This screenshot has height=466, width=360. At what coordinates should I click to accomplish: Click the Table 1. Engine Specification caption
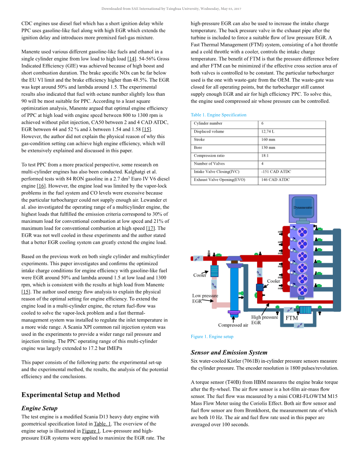219,115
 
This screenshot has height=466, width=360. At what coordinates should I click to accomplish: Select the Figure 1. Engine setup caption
212,337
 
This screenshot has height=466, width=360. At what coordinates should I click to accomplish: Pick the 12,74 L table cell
268,132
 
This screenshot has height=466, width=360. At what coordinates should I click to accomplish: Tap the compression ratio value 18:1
265,156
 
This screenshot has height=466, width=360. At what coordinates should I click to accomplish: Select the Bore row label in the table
198,148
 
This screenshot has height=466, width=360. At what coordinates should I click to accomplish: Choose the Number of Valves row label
209,164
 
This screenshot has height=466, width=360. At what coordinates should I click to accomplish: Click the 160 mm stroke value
268,140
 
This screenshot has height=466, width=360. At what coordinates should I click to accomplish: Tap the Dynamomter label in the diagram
303,208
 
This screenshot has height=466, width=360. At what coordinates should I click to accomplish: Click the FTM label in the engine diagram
292,318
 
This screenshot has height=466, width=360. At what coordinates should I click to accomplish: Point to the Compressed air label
233,325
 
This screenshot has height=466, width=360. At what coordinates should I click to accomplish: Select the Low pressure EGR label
205,298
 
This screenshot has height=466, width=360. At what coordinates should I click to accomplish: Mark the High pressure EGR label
264,320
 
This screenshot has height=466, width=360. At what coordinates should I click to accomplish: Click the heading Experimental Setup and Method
71,395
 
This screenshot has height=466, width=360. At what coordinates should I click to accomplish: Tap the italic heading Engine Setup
40,409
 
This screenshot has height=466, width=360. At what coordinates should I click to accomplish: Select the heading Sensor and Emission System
229,353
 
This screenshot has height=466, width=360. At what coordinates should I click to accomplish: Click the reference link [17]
151,228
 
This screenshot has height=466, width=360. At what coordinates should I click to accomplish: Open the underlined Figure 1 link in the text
91,431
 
